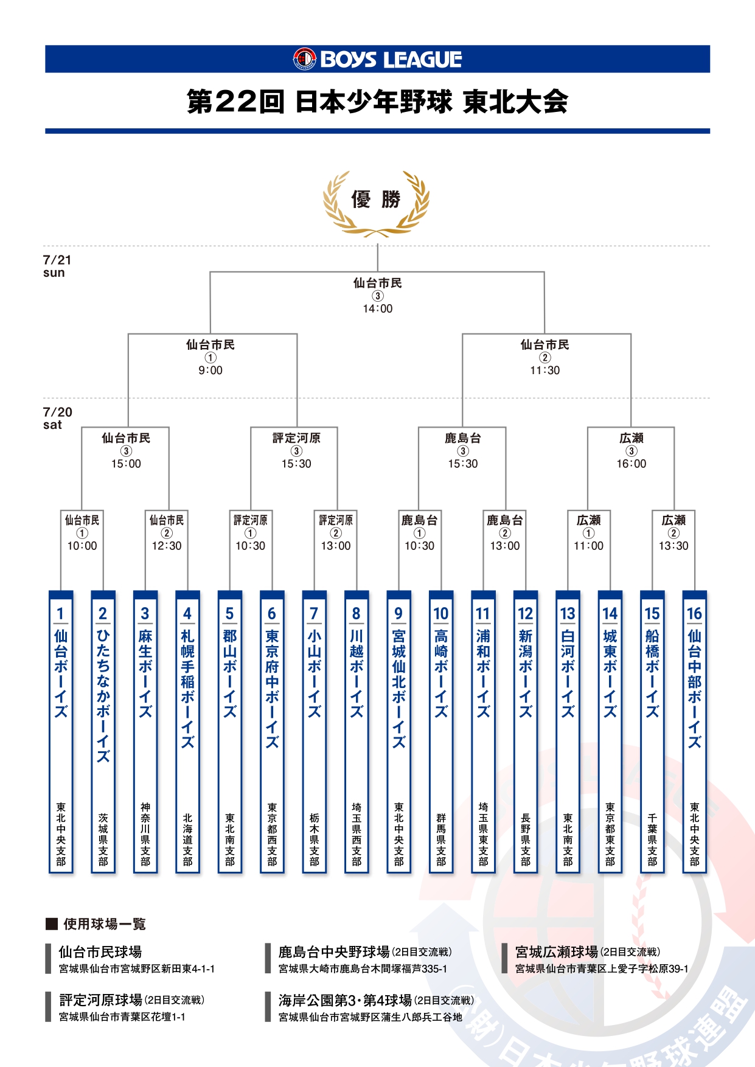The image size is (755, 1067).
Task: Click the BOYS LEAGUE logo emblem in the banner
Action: [x=304, y=59]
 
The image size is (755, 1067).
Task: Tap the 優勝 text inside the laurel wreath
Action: [x=376, y=199]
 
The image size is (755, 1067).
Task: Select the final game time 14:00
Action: [x=378, y=309]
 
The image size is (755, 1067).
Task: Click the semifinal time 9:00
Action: [x=210, y=370]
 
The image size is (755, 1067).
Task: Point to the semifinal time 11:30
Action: [x=545, y=370]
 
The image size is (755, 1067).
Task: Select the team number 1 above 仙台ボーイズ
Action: [x=60, y=613]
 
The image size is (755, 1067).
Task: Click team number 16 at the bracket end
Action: [x=694, y=613]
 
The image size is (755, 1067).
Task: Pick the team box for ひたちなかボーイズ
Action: [x=103, y=730]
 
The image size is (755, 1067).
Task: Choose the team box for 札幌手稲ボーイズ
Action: [x=187, y=730]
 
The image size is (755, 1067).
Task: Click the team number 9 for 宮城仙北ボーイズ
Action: [x=398, y=613]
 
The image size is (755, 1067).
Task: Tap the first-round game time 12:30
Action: [x=167, y=546]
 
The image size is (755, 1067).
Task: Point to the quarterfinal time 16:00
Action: [x=631, y=464]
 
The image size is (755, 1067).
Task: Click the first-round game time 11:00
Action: [x=588, y=546]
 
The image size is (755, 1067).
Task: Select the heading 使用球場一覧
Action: [x=104, y=924]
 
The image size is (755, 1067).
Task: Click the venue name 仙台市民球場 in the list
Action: [x=100, y=951]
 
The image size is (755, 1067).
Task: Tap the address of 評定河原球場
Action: [x=122, y=1017]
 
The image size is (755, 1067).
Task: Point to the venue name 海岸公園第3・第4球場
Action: [x=345, y=1000]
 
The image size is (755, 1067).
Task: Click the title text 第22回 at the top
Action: [x=235, y=102]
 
